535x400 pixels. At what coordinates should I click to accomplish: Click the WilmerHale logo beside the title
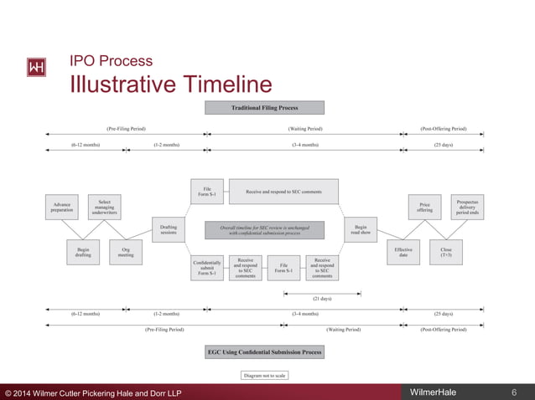point(37,68)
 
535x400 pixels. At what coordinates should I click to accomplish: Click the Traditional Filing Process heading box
point(265,107)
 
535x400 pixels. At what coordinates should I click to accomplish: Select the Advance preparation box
point(62,207)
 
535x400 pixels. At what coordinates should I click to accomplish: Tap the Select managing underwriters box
point(105,207)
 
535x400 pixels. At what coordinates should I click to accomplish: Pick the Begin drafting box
point(83,252)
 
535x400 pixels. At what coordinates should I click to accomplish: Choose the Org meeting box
point(126,252)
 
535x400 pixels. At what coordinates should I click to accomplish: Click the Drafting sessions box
point(169,229)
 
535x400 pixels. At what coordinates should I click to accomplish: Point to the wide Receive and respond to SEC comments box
point(283,192)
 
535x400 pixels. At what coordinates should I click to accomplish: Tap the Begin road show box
point(361,229)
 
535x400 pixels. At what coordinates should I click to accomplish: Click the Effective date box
point(403,252)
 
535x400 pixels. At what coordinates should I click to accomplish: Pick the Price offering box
point(424,207)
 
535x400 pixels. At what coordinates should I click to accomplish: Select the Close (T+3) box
point(446,252)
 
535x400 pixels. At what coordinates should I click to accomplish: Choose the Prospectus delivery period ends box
point(468,206)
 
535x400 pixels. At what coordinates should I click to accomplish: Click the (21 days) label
point(322,298)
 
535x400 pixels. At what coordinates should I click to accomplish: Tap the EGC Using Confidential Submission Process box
point(265,352)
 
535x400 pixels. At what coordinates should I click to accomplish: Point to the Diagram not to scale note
point(265,375)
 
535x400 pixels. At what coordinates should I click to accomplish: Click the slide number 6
point(513,392)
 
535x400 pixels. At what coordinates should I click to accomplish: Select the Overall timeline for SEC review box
point(265,229)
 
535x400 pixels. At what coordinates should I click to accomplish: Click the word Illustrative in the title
point(125,85)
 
